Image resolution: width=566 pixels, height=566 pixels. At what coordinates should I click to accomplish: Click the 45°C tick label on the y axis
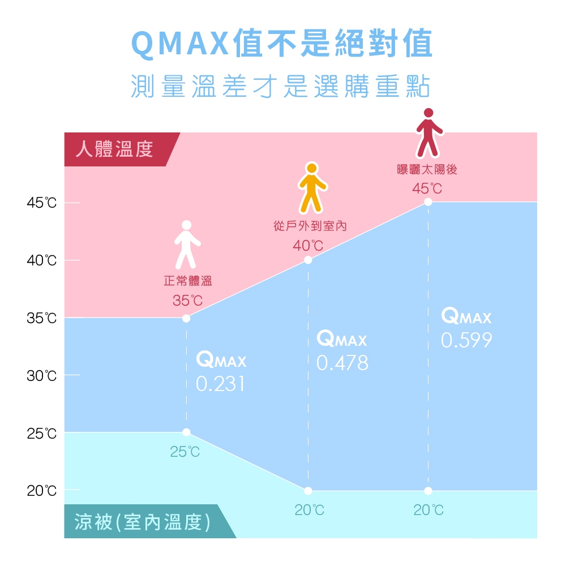(41, 203)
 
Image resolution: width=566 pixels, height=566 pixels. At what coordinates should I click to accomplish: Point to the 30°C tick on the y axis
(41, 376)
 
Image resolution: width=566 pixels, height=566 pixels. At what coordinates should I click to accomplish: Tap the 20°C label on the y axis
(41, 491)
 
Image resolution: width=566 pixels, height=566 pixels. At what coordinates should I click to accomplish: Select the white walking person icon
(187, 245)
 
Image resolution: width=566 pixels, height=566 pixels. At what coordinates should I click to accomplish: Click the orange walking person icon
(312, 188)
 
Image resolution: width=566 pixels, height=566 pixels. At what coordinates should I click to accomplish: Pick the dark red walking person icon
(429, 133)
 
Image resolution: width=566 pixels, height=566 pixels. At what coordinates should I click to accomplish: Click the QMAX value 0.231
(221, 384)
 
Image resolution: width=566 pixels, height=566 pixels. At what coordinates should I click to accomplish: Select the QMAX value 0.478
(342, 363)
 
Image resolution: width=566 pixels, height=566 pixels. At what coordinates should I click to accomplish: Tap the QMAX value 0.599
(466, 340)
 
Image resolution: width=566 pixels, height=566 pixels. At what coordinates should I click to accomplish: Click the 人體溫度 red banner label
(114, 149)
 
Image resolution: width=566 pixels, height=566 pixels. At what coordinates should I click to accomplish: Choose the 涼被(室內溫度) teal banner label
(142, 522)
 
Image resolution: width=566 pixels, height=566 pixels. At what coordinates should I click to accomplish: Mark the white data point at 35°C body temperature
(186, 318)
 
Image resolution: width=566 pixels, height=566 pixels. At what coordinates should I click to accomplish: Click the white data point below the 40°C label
(308, 260)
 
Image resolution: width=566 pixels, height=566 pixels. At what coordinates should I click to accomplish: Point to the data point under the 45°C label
(428, 202)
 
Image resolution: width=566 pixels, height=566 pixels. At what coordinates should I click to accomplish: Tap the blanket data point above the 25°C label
(186, 432)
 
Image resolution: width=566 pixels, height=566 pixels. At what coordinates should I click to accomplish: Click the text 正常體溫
(188, 281)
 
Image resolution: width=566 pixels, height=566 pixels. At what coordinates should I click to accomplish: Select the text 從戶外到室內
(310, 226)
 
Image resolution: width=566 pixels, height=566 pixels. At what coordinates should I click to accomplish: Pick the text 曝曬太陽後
(427, 169)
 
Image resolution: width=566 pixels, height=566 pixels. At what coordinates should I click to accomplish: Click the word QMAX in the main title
(180, 44)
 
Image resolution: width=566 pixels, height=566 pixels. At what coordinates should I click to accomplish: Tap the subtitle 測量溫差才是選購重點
(281, 87)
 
